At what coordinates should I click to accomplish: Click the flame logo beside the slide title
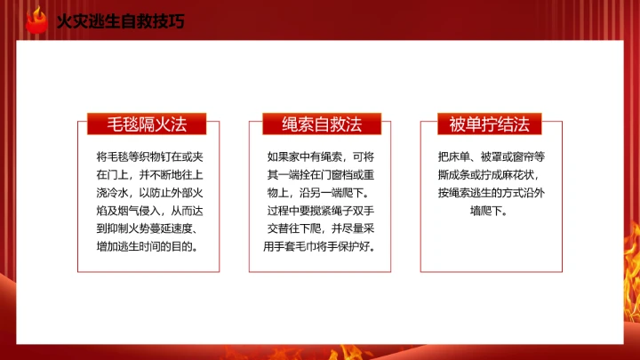pyautogui.click(x=36, y=20)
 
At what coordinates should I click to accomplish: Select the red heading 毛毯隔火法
pyautogui.click(x=146, y=124)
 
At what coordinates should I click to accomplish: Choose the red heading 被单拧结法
pyautogui.click(x=489, y=124)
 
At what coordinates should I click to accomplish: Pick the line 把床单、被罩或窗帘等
pyautogui.click(x=489, y=155)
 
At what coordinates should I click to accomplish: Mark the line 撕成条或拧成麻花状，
pyautogui.click(x=489, y=173)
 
